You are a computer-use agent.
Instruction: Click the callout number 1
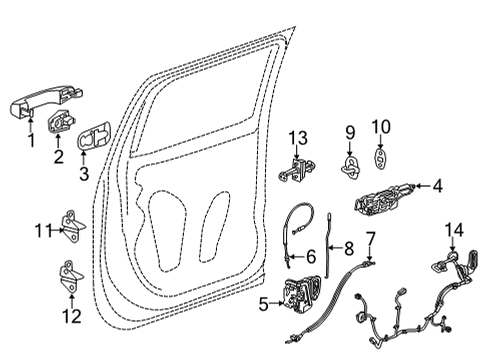31,141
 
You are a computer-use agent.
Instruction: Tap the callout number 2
58,155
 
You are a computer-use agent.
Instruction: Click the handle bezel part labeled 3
96,139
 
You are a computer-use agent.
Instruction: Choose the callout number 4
437,185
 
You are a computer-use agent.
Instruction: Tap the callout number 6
311,257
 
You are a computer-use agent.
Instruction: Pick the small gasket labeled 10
382,161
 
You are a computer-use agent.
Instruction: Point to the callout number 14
454,231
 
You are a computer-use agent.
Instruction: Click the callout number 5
262,303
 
